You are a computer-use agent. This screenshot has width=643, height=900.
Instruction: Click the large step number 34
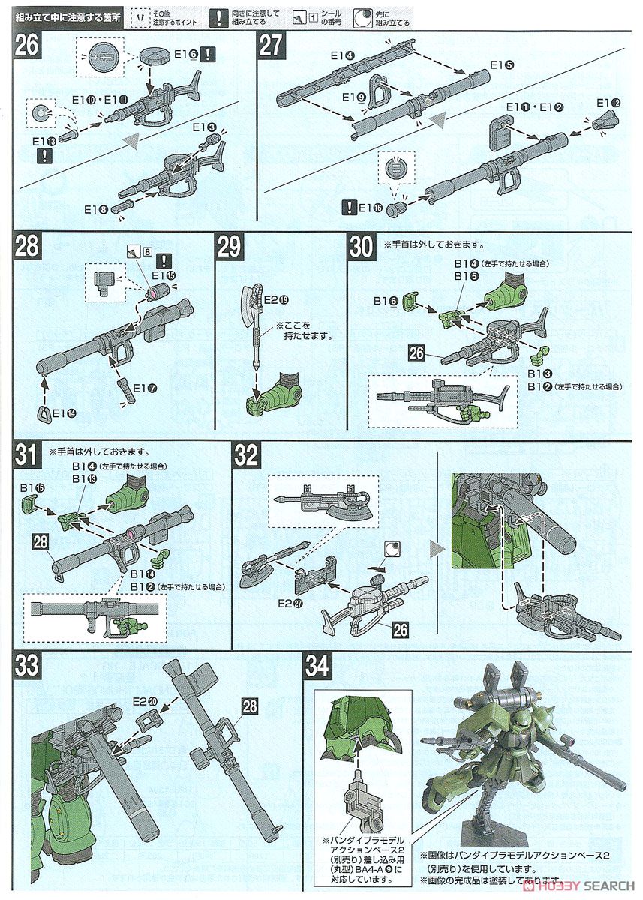(x=317, y=667)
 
